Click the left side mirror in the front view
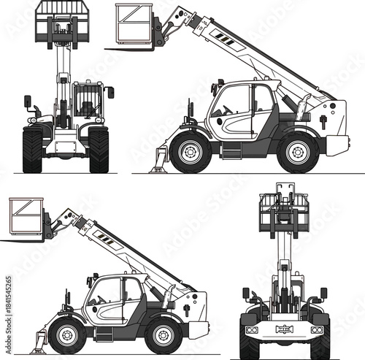[x=28, y=101]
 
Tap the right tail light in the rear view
[x=317, y=330]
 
